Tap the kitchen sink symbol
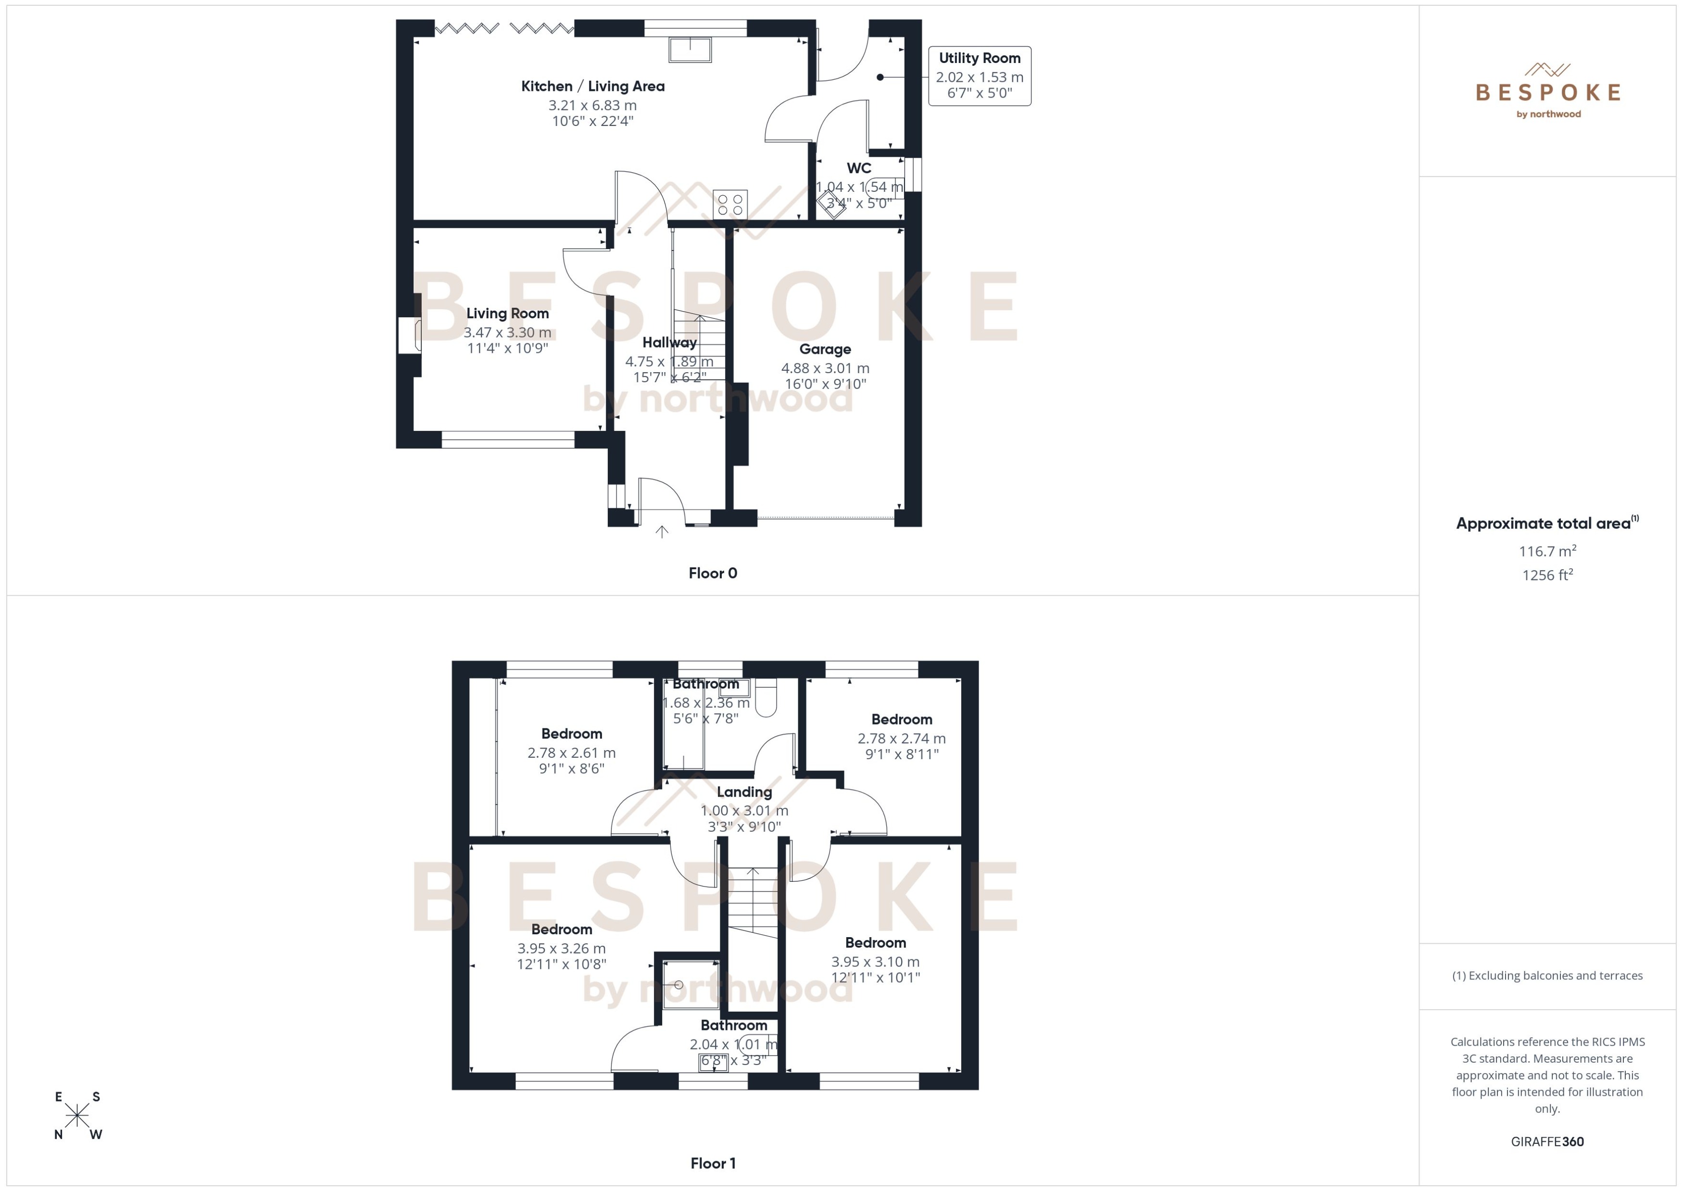point(690,50)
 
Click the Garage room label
point(825,349)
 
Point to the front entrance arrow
point(662,532)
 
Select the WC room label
point(859,168)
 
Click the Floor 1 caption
point(712,1163)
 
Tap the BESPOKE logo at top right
point(1547,92)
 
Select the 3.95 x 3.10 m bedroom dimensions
point(875,962)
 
